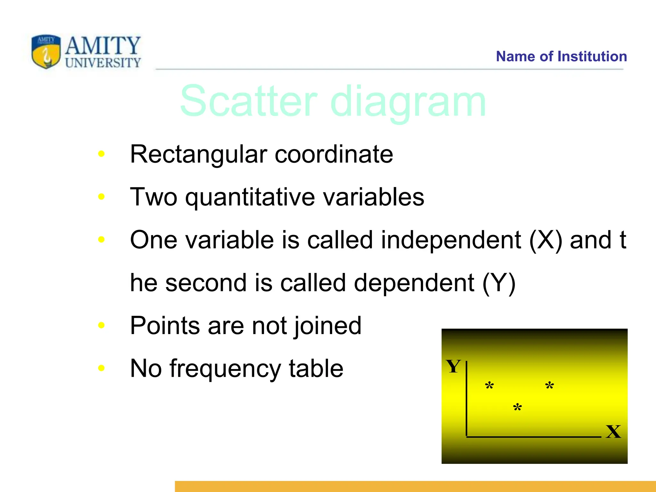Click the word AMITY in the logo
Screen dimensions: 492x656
(x=103, y=45)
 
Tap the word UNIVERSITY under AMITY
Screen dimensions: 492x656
(x=103, y=63)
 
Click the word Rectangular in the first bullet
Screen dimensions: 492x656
(x=198, y=154)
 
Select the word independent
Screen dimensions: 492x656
(x=451, y=240)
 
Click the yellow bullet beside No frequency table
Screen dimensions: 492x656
(x=101, y=368)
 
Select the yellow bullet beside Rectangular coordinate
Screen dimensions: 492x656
(x=101, y=154)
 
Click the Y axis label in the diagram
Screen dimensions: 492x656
(x=453, y=366)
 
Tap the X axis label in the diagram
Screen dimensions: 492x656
(x=613, y=431)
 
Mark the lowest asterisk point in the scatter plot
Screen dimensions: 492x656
(x=517, y=407)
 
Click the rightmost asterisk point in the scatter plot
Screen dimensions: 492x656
(x=550, y=385)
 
